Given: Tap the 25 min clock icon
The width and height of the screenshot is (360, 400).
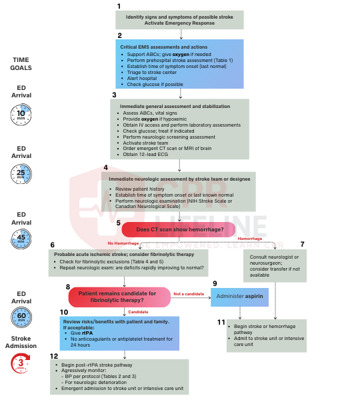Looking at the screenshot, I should pos(20,175).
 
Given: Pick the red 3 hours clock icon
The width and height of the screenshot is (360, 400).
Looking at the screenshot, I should pos(20,363).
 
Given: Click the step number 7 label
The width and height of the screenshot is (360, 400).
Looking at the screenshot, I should pos(302,244).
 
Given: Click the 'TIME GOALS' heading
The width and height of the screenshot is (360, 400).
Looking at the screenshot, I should pos(21,64).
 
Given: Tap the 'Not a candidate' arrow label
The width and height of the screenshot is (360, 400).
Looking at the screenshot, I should pos(187,293).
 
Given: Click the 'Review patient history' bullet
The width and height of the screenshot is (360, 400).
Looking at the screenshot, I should pos(140,189).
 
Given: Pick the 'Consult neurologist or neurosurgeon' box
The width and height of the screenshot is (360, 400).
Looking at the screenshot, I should pos(275,265).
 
